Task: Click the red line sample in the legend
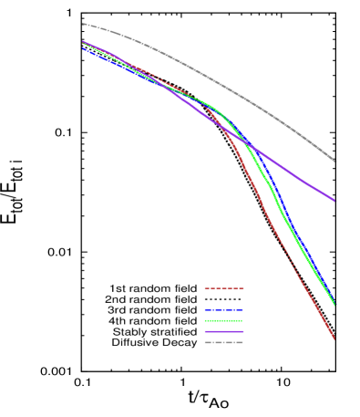point(223,288)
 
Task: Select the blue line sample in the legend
point(223,310)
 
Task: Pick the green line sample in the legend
point(223,321)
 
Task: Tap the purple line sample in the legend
point(223,332)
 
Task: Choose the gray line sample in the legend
point(223,343)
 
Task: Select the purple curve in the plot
point(292,173)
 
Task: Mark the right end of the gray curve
point(335,162)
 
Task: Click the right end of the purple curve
point(335,200)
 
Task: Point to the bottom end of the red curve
point(334,339)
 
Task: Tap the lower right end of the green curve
point(334,304)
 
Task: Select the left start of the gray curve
point(83,24)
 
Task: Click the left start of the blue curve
point(83,48)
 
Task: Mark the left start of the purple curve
point(83,41)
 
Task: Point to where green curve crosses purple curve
point(243,141)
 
